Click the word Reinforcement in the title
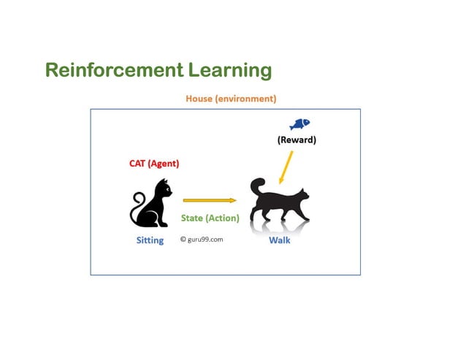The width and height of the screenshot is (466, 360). tap(114, 71)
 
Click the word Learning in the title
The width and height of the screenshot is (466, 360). tap(230, 72)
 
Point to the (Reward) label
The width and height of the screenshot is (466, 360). tap(297, 140)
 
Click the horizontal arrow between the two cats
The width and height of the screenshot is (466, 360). tap(209, 199)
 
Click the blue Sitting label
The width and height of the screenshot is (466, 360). tap(150, 240)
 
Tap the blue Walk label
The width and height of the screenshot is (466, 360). tap(279, 240)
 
